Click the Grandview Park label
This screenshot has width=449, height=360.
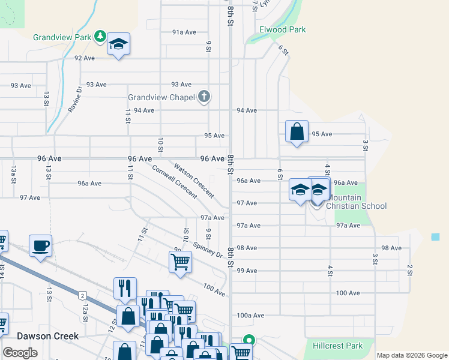point(62,37)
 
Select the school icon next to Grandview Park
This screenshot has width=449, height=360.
point(119,44)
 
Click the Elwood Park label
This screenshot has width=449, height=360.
point(282,29)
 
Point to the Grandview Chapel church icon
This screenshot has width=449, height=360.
point(204,96)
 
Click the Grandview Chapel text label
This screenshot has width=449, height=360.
point(162,97)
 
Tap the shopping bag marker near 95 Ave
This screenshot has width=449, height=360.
point(297,131)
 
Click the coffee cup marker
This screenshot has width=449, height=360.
point(40,245)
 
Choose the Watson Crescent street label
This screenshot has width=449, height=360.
point(193,180)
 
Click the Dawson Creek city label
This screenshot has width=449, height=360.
point(48,336)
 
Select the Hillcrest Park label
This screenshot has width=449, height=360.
point(338,346)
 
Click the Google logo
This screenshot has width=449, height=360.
point(20,353)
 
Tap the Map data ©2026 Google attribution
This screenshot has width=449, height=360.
point(412,355)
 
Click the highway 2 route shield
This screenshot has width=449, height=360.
point(82,295)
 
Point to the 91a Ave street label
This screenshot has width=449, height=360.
point(184,32)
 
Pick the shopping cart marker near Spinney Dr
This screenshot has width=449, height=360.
point(180,262)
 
